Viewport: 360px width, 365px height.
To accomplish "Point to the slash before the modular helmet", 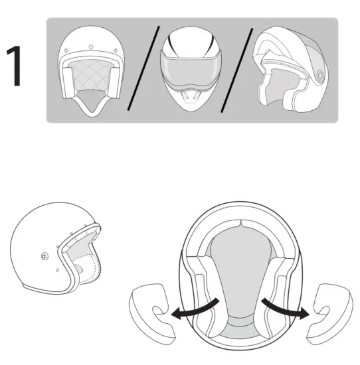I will point(236,69).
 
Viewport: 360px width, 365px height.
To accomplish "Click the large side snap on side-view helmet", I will point(45,256).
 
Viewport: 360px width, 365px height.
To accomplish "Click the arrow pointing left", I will point(189,311).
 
